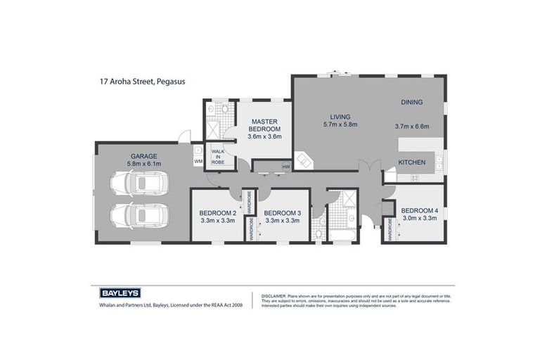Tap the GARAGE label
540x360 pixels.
pos(143,156)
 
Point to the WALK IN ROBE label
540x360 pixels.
pos(218,156)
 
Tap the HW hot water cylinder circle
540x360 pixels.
pos(285,167)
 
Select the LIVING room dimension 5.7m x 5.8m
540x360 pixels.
pos(340,124)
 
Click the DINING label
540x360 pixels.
pos(411,102)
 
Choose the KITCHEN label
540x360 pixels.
pos(411,162)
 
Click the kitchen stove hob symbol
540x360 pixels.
pos(414,179)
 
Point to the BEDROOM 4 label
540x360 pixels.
pos(419,210)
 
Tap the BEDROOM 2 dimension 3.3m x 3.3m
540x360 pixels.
pos(217,221)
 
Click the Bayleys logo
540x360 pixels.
pos(116,293)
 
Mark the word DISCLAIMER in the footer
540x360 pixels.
pos(272,296)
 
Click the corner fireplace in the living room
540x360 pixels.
pos(303,161)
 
